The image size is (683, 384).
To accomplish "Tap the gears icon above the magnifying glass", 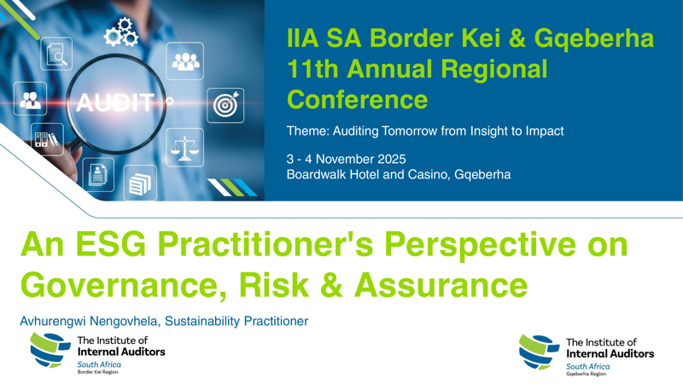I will (121, 32).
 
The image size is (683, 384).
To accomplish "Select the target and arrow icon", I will (227, 103).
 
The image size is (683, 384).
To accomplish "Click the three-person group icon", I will (185, 61).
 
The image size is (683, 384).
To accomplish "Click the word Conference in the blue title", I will (357, 99).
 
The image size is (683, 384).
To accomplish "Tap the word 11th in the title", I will (315, 68).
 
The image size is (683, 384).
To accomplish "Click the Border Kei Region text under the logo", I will (98, 373).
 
